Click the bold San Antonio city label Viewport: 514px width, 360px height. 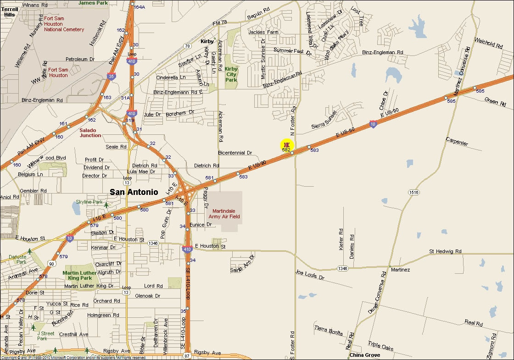pyautogui.click(x=134, y=192)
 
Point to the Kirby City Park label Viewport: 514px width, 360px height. pyautogui.click(x=231, y=74)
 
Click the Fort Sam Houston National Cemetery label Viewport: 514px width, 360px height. pyautogui.click(x=64, y=24)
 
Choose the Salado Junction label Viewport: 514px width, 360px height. pyautogui.click(x=90, y=133)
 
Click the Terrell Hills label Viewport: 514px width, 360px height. pyautogui.click(x=10, y=12)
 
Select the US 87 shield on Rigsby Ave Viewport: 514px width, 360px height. pyautogui.click(x=187, y=356)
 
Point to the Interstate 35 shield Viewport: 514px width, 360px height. pyautogui.click(x=112, y=76)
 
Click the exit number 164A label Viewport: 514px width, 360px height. pyautogui.click(x=139, y=7)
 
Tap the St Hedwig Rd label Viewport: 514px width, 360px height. pyautogui.click(x=445, y=251)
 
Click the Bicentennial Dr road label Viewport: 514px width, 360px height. pyautogui.click(x=235, y=153)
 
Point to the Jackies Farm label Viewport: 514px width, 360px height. pyautogui.click(x=263, y=33)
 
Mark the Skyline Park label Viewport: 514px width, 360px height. pyautogui.click(x=89, y=202)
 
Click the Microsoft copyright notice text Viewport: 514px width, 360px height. pyautogui.click(x=73, y=357)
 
